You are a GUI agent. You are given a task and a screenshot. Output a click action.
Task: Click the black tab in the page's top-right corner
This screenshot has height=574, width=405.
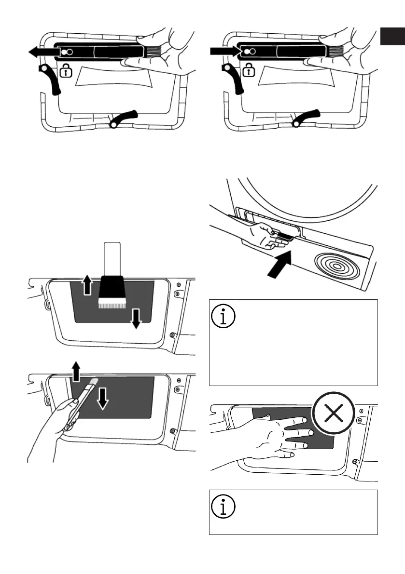tap(391, 37)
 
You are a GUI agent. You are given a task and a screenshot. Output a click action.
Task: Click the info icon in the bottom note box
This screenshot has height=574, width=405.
tap(223, 506)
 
